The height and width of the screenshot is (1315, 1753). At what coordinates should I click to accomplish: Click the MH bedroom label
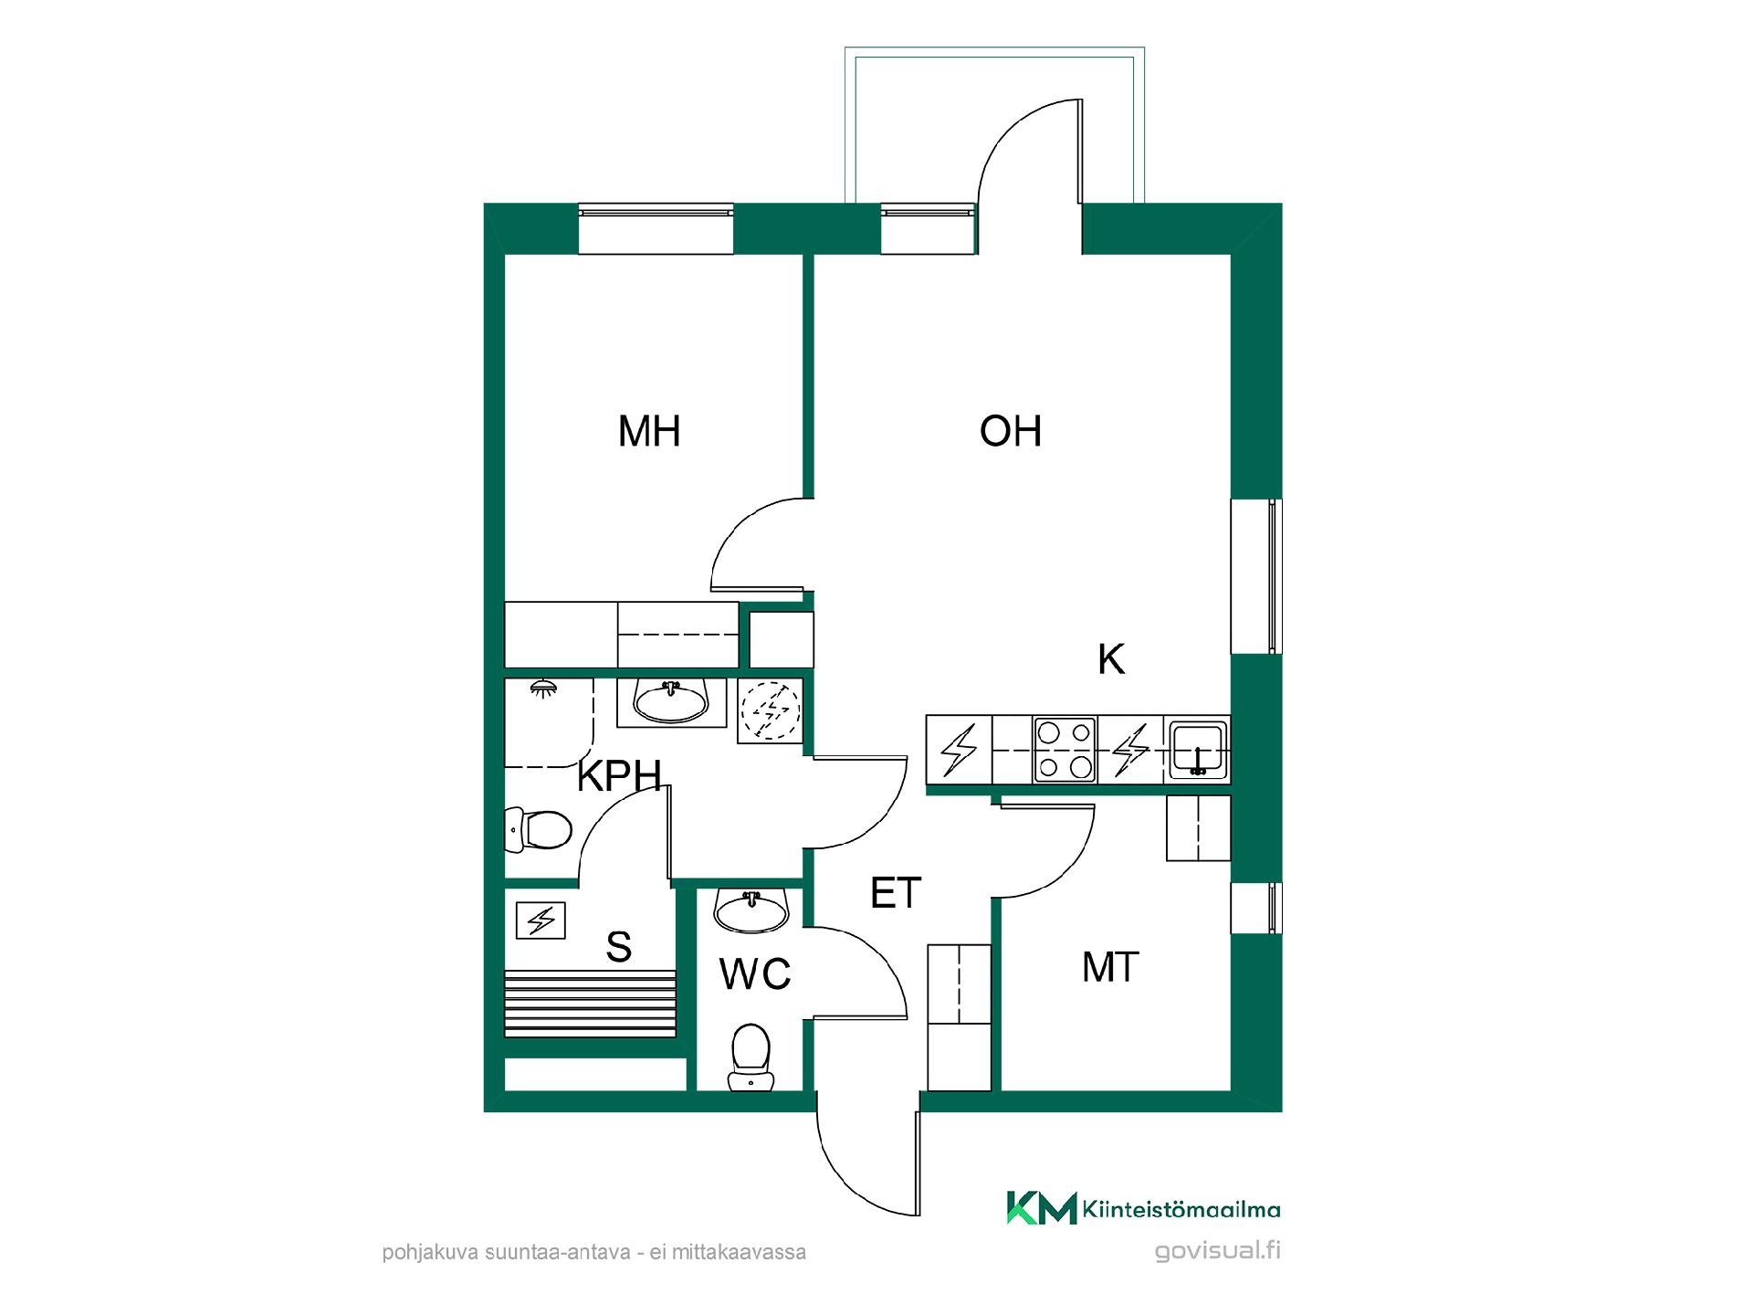pos(649,431)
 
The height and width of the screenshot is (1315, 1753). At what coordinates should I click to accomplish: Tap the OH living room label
pos(1011,431)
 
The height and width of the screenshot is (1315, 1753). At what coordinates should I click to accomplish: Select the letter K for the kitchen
pos(1111,658)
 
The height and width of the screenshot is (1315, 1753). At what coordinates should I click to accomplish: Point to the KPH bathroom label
pos(619,775)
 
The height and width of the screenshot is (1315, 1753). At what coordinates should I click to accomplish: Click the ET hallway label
pos(896,892)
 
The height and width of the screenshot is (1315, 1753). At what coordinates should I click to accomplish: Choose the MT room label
pos(1110,967)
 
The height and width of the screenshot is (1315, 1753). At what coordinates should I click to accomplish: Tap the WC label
pos(754,974)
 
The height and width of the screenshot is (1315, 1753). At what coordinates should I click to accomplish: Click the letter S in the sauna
pos(619,947)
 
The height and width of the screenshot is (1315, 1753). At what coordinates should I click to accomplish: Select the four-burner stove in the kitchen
pos(1065,750)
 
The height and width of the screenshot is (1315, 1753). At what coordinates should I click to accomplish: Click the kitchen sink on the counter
pos(1198,750)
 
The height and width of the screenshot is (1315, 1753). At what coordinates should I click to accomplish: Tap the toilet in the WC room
pos(751,1057)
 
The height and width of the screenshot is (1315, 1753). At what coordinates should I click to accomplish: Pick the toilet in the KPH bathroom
pos(539,830)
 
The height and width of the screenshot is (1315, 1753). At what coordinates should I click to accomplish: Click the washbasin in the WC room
pos(751,910)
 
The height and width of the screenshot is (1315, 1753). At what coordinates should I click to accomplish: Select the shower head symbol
pos(543,688)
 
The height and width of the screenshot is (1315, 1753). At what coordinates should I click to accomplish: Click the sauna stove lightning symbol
pos(541,920)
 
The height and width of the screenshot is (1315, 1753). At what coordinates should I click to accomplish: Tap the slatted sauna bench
pos(591,1004)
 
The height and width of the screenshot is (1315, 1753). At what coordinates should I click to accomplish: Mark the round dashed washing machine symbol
pos(771,710)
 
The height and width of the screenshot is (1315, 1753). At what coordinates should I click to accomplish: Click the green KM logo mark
pos(1042,1207)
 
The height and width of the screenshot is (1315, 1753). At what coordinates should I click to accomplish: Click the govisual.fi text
pos(1218,1251)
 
